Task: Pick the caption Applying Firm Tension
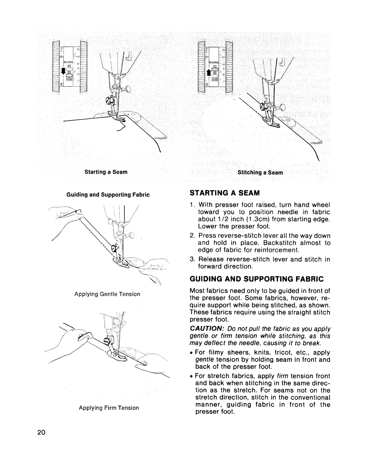tap(109, 408)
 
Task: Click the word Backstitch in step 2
tap(259, 243)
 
